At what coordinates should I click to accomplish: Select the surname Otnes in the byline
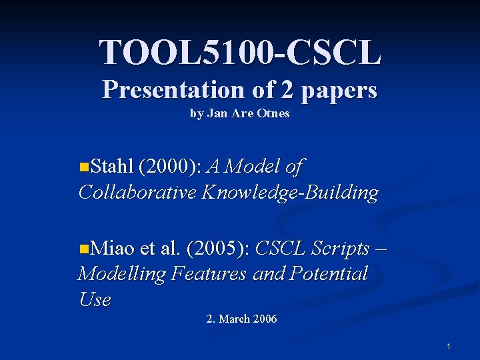(x=274, y=113)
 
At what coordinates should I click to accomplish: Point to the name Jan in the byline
(x=218, y=113)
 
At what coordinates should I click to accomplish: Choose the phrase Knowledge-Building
(x=290, y=193)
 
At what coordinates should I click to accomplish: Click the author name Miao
(x=113, y=249)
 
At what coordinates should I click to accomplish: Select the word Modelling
(x=121, y=273)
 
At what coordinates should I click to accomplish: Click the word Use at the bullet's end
(x=94, y=299)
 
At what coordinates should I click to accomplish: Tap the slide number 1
(x=449, y=347)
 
